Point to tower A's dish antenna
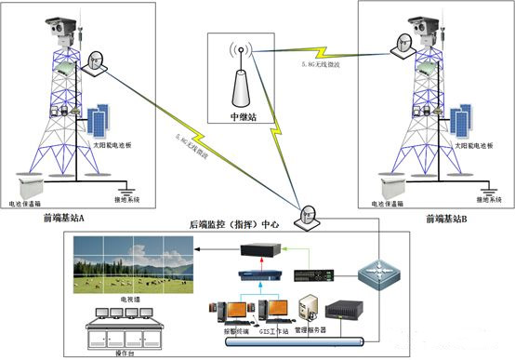point(95,61)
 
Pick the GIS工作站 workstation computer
point(275,313)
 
